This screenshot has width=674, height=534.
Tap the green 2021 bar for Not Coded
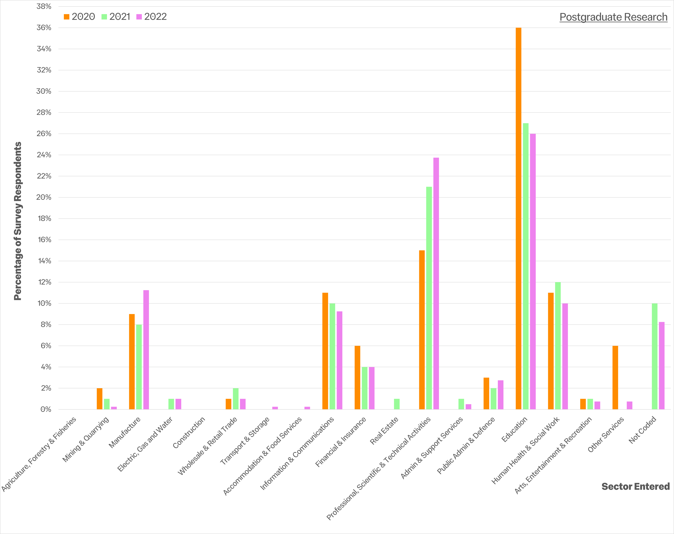[654, 356]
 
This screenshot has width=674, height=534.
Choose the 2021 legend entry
[116, 17]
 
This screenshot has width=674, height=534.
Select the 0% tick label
[46, 409]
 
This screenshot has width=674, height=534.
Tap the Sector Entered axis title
[635, 486]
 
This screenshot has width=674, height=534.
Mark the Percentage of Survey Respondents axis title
[18, 221]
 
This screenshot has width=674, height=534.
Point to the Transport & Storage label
[245, 441]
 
